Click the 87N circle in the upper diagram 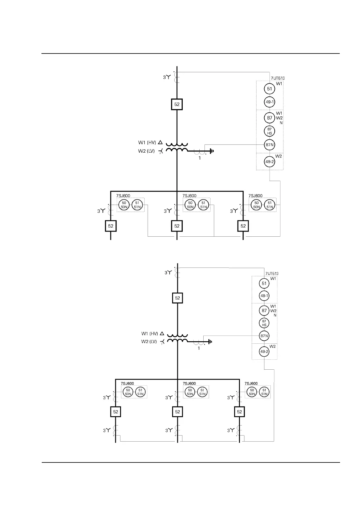[x=269, y=145]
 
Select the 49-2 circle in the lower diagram [x=264, y=352]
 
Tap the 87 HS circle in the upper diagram [x=269, y=131]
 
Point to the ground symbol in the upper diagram [x=212, y=151]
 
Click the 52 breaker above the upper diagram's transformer [x=177, y=104]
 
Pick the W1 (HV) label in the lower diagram [x=149, y=334]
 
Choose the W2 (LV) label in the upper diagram [x=146, y=151]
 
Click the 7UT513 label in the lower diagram [x=272, y=274]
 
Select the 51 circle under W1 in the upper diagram [x=269, y=89]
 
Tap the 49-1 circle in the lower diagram [x=264, y=296]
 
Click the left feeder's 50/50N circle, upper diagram [x=124, y=205]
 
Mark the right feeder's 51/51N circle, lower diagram [x=264, y=392]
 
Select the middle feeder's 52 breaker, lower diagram [x=178, y=412]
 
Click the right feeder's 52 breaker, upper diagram [x=243, y=226]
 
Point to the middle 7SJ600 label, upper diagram [x=189, y=196]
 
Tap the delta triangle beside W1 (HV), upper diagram [x=160, y=142]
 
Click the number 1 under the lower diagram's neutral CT [x=199, y=348]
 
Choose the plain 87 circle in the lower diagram [x=264, y=310]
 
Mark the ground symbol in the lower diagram [x=211, y=342]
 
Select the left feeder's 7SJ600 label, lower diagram [x=127, y=383]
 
